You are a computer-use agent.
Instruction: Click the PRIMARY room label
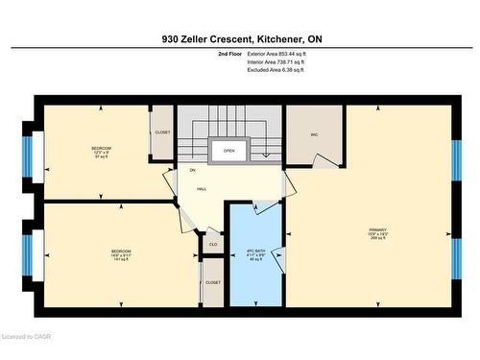[377, 229]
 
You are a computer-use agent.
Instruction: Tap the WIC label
[314, 134]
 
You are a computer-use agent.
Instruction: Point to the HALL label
[202, 189]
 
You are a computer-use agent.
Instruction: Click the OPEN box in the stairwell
[228, 151]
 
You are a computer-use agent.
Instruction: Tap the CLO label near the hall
[213, 245]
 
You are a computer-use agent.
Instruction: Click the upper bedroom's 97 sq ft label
[101, 156]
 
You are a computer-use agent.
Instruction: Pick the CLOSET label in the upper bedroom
[161, 132]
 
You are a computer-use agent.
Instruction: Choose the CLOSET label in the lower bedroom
[213, 282]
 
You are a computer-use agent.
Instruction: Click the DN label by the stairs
[192, 170]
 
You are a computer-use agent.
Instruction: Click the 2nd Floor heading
[230, 54]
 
